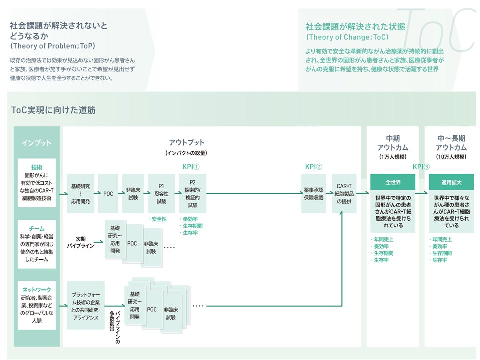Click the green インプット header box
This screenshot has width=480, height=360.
[x=36, y=143]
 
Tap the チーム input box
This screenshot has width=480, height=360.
[x=36, y=245]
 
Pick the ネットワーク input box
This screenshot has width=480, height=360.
[x=36, y=305]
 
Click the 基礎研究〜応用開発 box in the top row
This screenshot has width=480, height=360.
[x=80, y=193]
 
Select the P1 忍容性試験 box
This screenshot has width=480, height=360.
[x=161, y=193]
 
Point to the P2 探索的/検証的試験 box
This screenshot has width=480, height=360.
[x=192, y=193]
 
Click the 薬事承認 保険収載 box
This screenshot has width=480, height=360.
[x=313, y=194]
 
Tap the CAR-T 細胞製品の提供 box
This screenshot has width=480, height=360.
[x=344, y=194]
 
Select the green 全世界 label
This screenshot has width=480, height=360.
[x=393, y=182]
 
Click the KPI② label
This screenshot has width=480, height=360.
[x=314, y=166]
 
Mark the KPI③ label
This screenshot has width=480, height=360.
[x=421, y=166]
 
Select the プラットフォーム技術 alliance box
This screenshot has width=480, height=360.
[x=86, y=305]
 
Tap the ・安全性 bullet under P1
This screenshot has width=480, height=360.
[x=158, y=219]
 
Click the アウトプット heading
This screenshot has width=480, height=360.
[x=186, y=143]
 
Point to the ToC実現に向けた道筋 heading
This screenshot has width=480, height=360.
[x=53, y=110]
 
